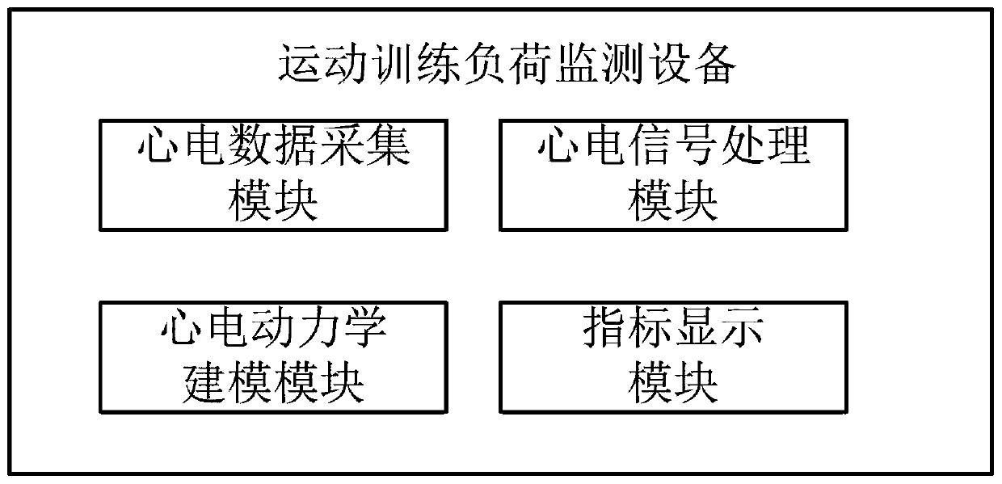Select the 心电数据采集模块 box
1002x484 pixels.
pos(274,175)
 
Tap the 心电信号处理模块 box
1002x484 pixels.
pos(674,175)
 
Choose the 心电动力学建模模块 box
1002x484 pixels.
pos(274,356)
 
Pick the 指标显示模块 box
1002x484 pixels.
pos(674,356)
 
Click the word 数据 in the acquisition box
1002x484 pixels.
pos(274,149)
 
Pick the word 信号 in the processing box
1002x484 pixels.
pos(674,149)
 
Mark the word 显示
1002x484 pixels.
pos(719,330)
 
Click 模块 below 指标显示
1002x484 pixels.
pos(674,381)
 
